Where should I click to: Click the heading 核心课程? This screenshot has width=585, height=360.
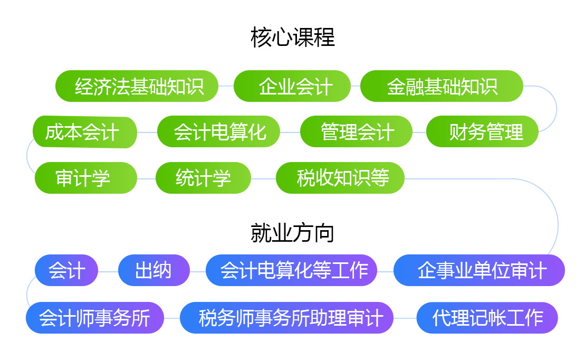coord(292,37)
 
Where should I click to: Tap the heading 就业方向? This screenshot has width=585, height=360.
coord(292,233)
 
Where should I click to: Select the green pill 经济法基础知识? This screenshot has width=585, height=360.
coord(137,86)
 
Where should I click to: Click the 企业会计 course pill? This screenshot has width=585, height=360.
coord(292,86)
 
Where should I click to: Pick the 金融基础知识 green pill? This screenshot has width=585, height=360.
coord(442,86)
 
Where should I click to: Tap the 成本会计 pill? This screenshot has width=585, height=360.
coord(85,132)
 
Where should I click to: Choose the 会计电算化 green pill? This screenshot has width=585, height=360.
coord(218,131)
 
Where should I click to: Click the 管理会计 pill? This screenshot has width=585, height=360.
coord(356,131)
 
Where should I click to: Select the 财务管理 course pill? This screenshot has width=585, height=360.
coord(483,131)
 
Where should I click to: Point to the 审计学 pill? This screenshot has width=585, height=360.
coord(86,178)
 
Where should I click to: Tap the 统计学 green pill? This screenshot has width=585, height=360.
coord(203,178)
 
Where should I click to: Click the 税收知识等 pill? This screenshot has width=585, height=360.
coord(340,178)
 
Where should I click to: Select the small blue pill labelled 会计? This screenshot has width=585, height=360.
coord(66,270)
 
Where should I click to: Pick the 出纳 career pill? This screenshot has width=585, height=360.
coord(154,270)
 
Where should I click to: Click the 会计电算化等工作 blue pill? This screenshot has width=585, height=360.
coord(291,270)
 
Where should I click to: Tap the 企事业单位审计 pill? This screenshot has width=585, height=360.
coord(479,270)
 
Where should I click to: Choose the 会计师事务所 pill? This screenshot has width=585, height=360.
coord(95,317)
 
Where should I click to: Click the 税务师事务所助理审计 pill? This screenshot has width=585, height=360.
coord(286,317)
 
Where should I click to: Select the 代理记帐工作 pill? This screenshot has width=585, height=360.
coord(487,317)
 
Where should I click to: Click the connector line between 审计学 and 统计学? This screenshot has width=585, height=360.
coord(146,178)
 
